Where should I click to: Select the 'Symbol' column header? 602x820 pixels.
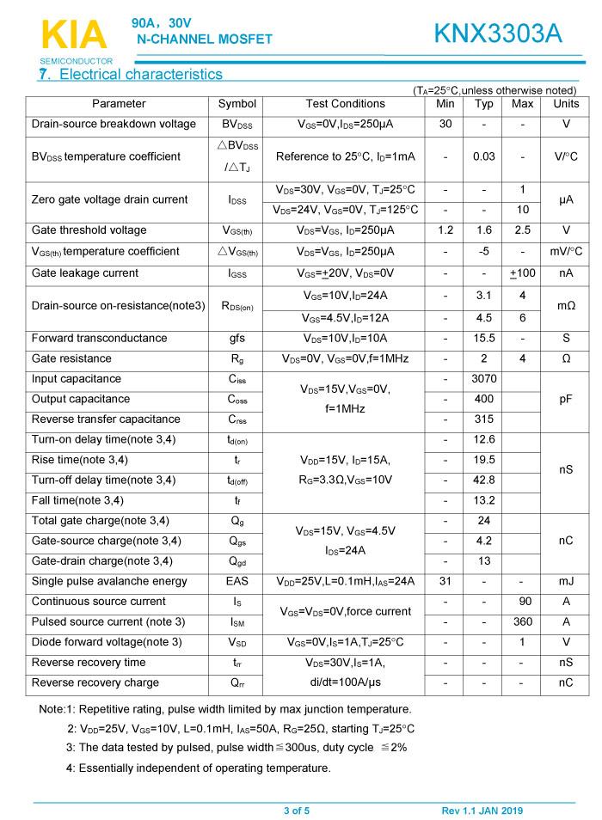pos(236,104)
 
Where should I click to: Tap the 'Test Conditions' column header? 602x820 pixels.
pos(345,104)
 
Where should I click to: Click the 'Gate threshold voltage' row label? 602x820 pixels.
pos(89,230)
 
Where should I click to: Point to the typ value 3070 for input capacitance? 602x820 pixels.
pos(484,379)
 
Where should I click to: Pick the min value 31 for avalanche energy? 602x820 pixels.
pos(445,582)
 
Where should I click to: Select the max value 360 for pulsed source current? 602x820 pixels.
pos(522,622)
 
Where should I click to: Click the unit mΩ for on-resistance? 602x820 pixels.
pos(566,306)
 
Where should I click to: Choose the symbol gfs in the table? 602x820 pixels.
pos(236,339)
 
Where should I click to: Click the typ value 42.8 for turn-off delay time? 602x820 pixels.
pos(484,480)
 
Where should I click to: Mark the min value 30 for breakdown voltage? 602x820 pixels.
pos(445,125)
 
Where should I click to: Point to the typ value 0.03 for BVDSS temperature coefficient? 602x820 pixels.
pos(484,157)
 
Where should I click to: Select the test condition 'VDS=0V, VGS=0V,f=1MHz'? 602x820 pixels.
pos(345,359)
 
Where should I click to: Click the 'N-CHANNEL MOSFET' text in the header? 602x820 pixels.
pos(205,39)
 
